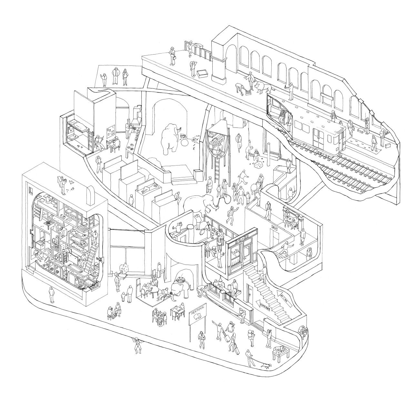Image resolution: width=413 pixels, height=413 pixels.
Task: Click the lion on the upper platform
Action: point(262,87)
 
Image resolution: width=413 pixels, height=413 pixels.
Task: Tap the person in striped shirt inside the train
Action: point(282,116)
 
